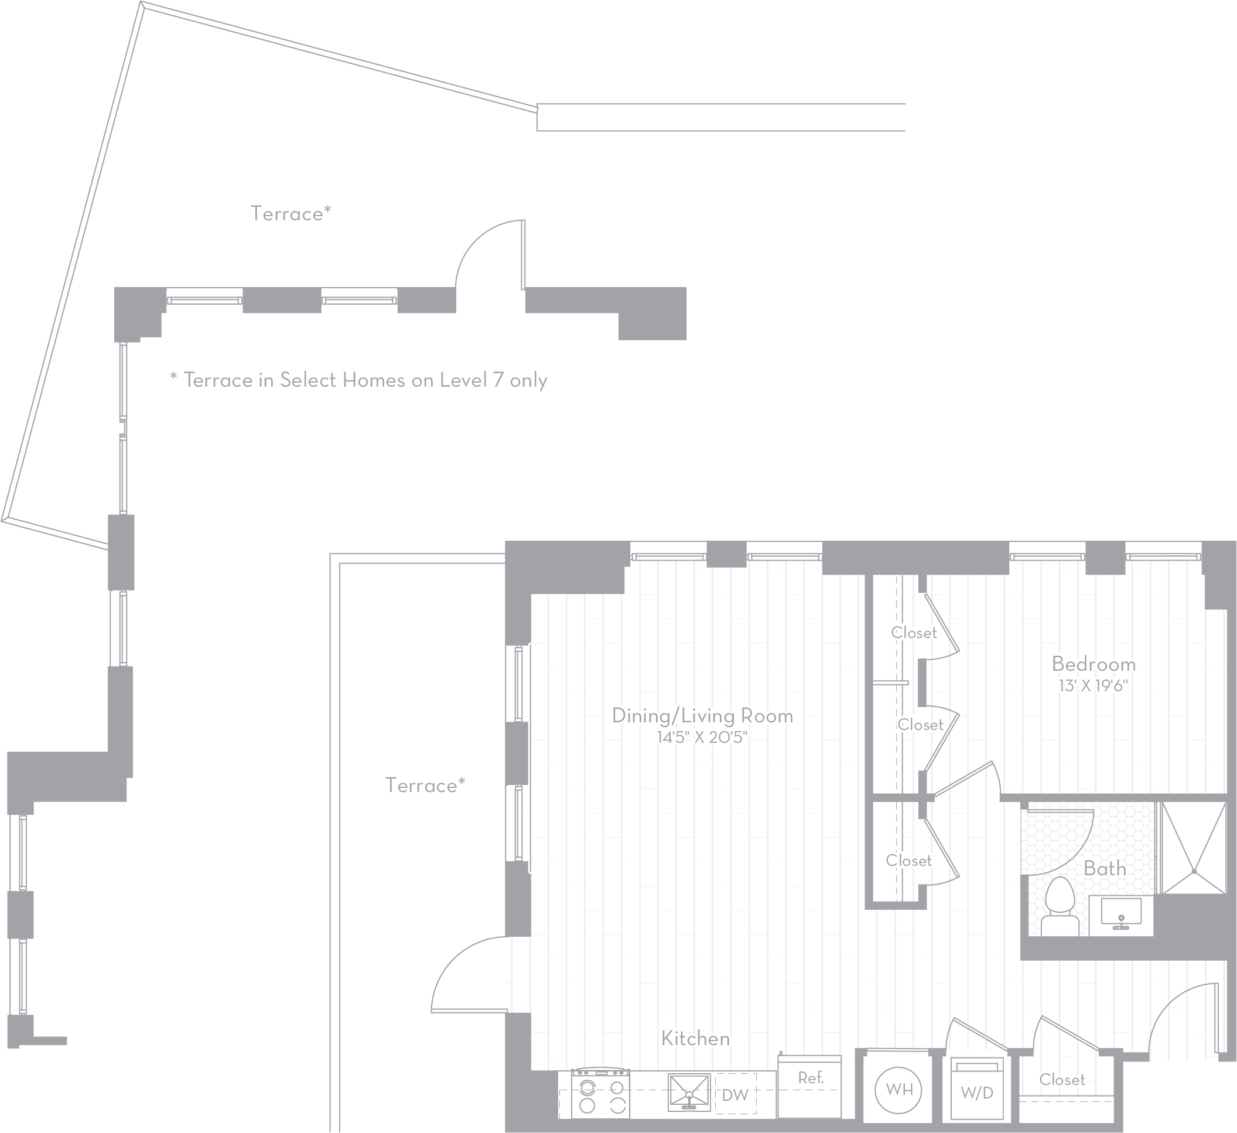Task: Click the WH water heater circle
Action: (x=899, y=1089)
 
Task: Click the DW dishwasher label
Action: (x=735, y=1094)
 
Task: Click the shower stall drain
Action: (x=1194, y=872)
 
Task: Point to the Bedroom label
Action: (x=1094, y=664)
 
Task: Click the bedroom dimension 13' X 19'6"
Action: (x=1094, y=685)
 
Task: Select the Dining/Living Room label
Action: (x=703, y=716)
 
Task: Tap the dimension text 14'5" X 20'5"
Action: (x=703, y=737)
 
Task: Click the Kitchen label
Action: (x=696, y=1039)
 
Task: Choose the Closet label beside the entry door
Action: (x=1062, y=1080)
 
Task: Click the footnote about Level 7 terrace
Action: (x=358, y=381)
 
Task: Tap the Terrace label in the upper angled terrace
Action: (x=291, y=214)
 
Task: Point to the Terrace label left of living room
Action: (x=425, y=786)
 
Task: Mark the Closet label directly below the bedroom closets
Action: (x=909, y=861)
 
